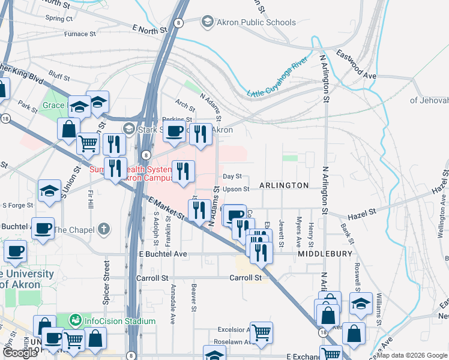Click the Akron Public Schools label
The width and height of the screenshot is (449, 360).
248,22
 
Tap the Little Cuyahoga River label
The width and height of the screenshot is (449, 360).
277,76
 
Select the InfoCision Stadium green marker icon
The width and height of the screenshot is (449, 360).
75,321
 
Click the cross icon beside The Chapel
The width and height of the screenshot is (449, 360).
104,229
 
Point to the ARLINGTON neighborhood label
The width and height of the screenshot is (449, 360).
284,185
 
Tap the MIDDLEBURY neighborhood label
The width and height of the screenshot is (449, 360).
325,254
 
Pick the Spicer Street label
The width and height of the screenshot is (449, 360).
107,283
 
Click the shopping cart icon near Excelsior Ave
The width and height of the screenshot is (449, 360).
261,332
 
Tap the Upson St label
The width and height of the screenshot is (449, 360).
236,189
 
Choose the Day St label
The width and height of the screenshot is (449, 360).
232,176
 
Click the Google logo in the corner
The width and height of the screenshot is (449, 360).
20,353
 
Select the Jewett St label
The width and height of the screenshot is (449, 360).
282,229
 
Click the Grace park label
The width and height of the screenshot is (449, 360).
53,106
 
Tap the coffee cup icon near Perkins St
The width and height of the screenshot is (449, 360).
175,131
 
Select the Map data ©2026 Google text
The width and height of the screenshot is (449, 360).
412,355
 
